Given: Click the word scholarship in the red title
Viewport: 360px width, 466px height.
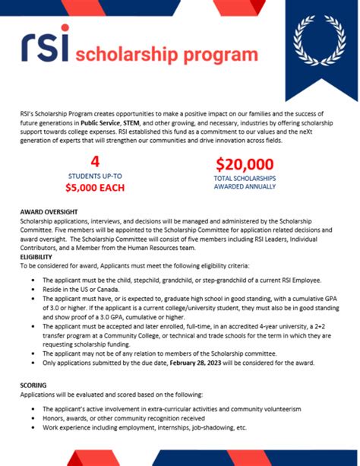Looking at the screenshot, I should pyautogui.click(x=141, y=55).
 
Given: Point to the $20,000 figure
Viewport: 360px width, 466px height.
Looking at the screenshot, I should pyautogui.click(x=245, y=163).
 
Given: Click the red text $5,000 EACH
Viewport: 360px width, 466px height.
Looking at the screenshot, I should pyautogui.click(x=95, y=188).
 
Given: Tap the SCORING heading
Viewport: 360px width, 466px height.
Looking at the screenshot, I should pyautogui.click(x=33, y=385).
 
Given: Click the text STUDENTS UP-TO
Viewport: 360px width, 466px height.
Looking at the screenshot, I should pyautogui.click(x=95, y=176).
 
